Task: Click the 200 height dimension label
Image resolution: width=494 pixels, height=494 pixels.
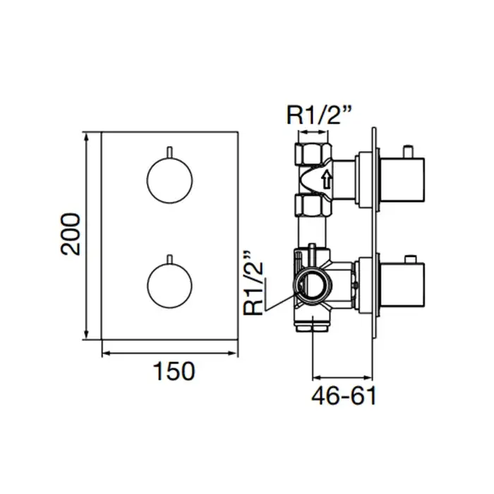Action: click(x=71, y=234)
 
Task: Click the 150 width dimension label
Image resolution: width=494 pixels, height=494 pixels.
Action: click(x=174, y=370)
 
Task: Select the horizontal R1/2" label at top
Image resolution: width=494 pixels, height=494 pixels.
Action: click(x=318, y=114)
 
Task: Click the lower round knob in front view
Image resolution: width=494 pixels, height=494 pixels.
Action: click(x=169, y=285)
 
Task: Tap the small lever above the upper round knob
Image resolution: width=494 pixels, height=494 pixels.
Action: click(x=169, y=152)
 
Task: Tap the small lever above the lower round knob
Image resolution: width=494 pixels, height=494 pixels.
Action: click(x=169, y=258)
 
